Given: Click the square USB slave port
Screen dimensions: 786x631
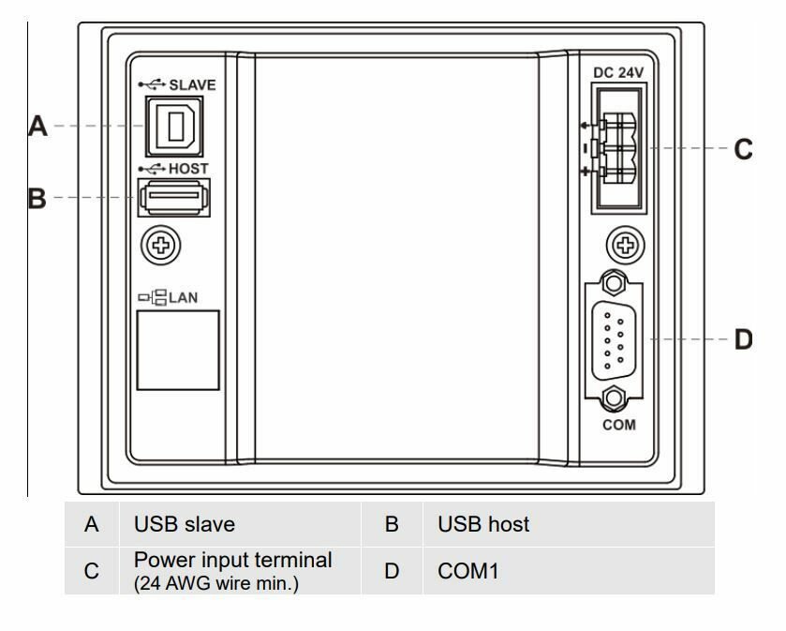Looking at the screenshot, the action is pos(174,127).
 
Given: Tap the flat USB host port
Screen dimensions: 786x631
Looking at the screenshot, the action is pos(174,198).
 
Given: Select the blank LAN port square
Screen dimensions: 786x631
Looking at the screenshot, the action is pos(178,350).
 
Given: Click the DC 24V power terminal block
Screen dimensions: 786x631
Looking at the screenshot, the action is pos(618,148).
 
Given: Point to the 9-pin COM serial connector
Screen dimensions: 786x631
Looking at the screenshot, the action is pos(614,340).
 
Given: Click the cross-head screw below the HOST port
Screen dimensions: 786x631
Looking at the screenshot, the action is pos(161,246).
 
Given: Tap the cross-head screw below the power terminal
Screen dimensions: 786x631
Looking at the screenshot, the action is pos(626,246).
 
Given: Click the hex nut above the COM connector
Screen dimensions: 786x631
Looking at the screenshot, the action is pos(614,283).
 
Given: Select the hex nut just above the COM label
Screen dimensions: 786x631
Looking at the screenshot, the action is pos(614,398).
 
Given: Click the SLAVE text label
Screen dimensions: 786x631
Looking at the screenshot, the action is pos(192,85).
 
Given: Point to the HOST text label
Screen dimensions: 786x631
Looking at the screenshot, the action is pos(188,169).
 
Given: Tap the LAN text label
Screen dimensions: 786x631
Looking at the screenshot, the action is pos(183,298).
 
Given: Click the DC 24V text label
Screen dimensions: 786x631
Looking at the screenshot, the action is pos(618,73).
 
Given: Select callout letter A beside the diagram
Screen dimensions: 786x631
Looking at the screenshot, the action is pos(37,126).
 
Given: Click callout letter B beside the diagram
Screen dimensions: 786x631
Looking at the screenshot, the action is pos(37,198).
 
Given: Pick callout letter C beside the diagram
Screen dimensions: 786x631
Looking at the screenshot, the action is pos(744,149).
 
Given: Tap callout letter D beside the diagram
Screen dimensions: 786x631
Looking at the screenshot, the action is pos(744,339).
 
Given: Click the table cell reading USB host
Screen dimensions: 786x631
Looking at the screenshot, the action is pos(483,524).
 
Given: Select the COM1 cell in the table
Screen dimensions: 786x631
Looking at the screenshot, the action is pos(468,571).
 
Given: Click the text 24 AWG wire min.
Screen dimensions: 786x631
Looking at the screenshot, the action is pos(216,583).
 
